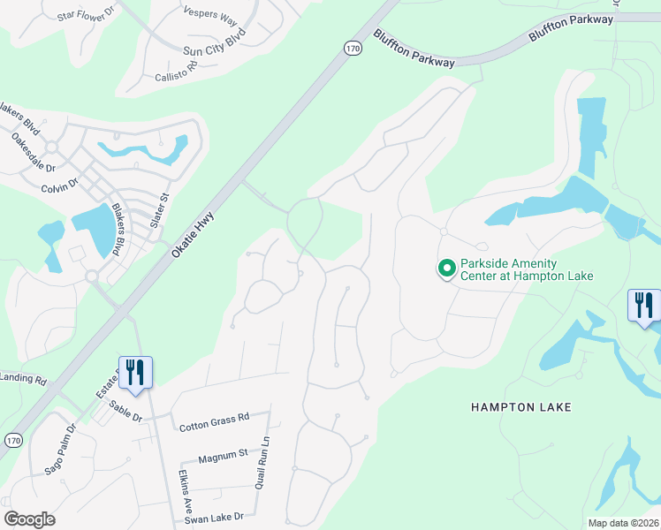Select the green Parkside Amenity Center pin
pyautogui.click(x=447, y=267)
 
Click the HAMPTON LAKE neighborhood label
pyautogui.click(x=521, y=407)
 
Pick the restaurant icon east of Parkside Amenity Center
pyautogui.click(x=644, y=305)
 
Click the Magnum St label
pyautogui.click(x=223, y=455)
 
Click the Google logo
pyautogui.click(x=29, y=519)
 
